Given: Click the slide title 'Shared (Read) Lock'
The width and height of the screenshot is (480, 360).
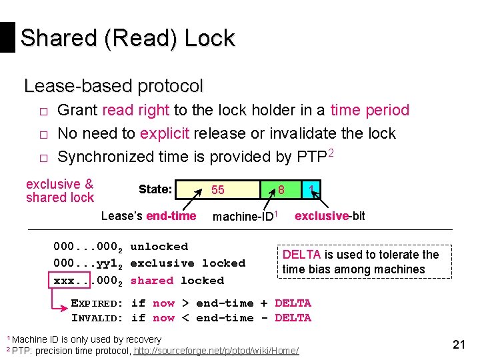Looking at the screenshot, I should (127, 38).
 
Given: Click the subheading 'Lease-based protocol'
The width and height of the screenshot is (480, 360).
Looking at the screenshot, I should (113, 86).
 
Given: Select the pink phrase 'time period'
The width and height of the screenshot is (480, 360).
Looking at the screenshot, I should (369, 110).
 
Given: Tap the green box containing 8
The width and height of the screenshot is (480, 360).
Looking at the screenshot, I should (281, 190).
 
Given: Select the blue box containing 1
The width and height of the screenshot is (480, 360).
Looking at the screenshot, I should (311, 190).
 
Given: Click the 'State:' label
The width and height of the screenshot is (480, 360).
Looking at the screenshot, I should (155, 190).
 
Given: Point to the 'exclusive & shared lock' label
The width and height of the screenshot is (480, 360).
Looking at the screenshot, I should (60, 191).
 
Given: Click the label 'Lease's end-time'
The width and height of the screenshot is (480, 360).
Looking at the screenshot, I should (149, 215).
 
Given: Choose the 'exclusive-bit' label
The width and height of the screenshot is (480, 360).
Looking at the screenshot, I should (329, 215).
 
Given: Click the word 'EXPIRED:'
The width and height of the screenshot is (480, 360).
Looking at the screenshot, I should (97, 303).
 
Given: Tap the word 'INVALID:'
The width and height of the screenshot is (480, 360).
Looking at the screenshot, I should (97, 318).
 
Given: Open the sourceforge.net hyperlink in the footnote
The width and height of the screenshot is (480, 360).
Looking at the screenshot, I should (217, 351).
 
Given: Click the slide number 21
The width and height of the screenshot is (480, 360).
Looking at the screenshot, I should (459, 345).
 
